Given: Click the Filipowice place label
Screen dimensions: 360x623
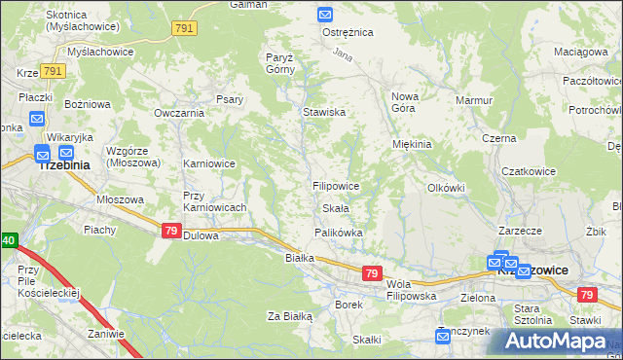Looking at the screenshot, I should tap(336, 185).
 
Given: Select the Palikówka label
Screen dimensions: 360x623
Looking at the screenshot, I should tap(338, 233).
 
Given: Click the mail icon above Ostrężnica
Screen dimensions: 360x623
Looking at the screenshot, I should tap(325, 15).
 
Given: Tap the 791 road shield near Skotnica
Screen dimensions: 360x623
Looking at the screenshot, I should tap(184, 29).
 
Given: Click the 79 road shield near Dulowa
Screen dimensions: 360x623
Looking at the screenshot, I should tap(170, 231).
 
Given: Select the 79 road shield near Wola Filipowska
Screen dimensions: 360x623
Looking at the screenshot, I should tap(371, 274).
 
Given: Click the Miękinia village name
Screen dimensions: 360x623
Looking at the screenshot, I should tap(412, 144).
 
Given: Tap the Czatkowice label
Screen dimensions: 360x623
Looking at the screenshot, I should tap(529, 171).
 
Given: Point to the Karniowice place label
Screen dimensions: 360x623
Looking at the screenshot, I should tap(209, 163).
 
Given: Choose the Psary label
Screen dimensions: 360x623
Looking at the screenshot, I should tap(230, 99).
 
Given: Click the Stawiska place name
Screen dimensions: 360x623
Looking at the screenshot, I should tap(324, 112).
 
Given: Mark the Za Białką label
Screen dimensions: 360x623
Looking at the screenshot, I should tap(289, 316).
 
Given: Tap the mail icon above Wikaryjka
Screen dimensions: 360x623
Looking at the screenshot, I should tap(37, 120).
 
